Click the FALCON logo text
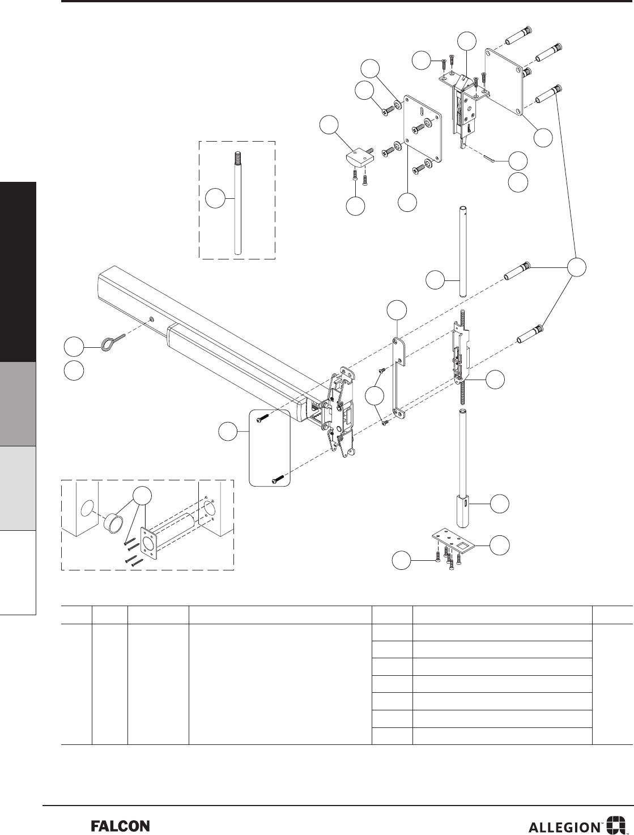click(x=120, y=826)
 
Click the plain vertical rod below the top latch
click(x=462, y=252)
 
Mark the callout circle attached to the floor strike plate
click(x=499, y=544)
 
